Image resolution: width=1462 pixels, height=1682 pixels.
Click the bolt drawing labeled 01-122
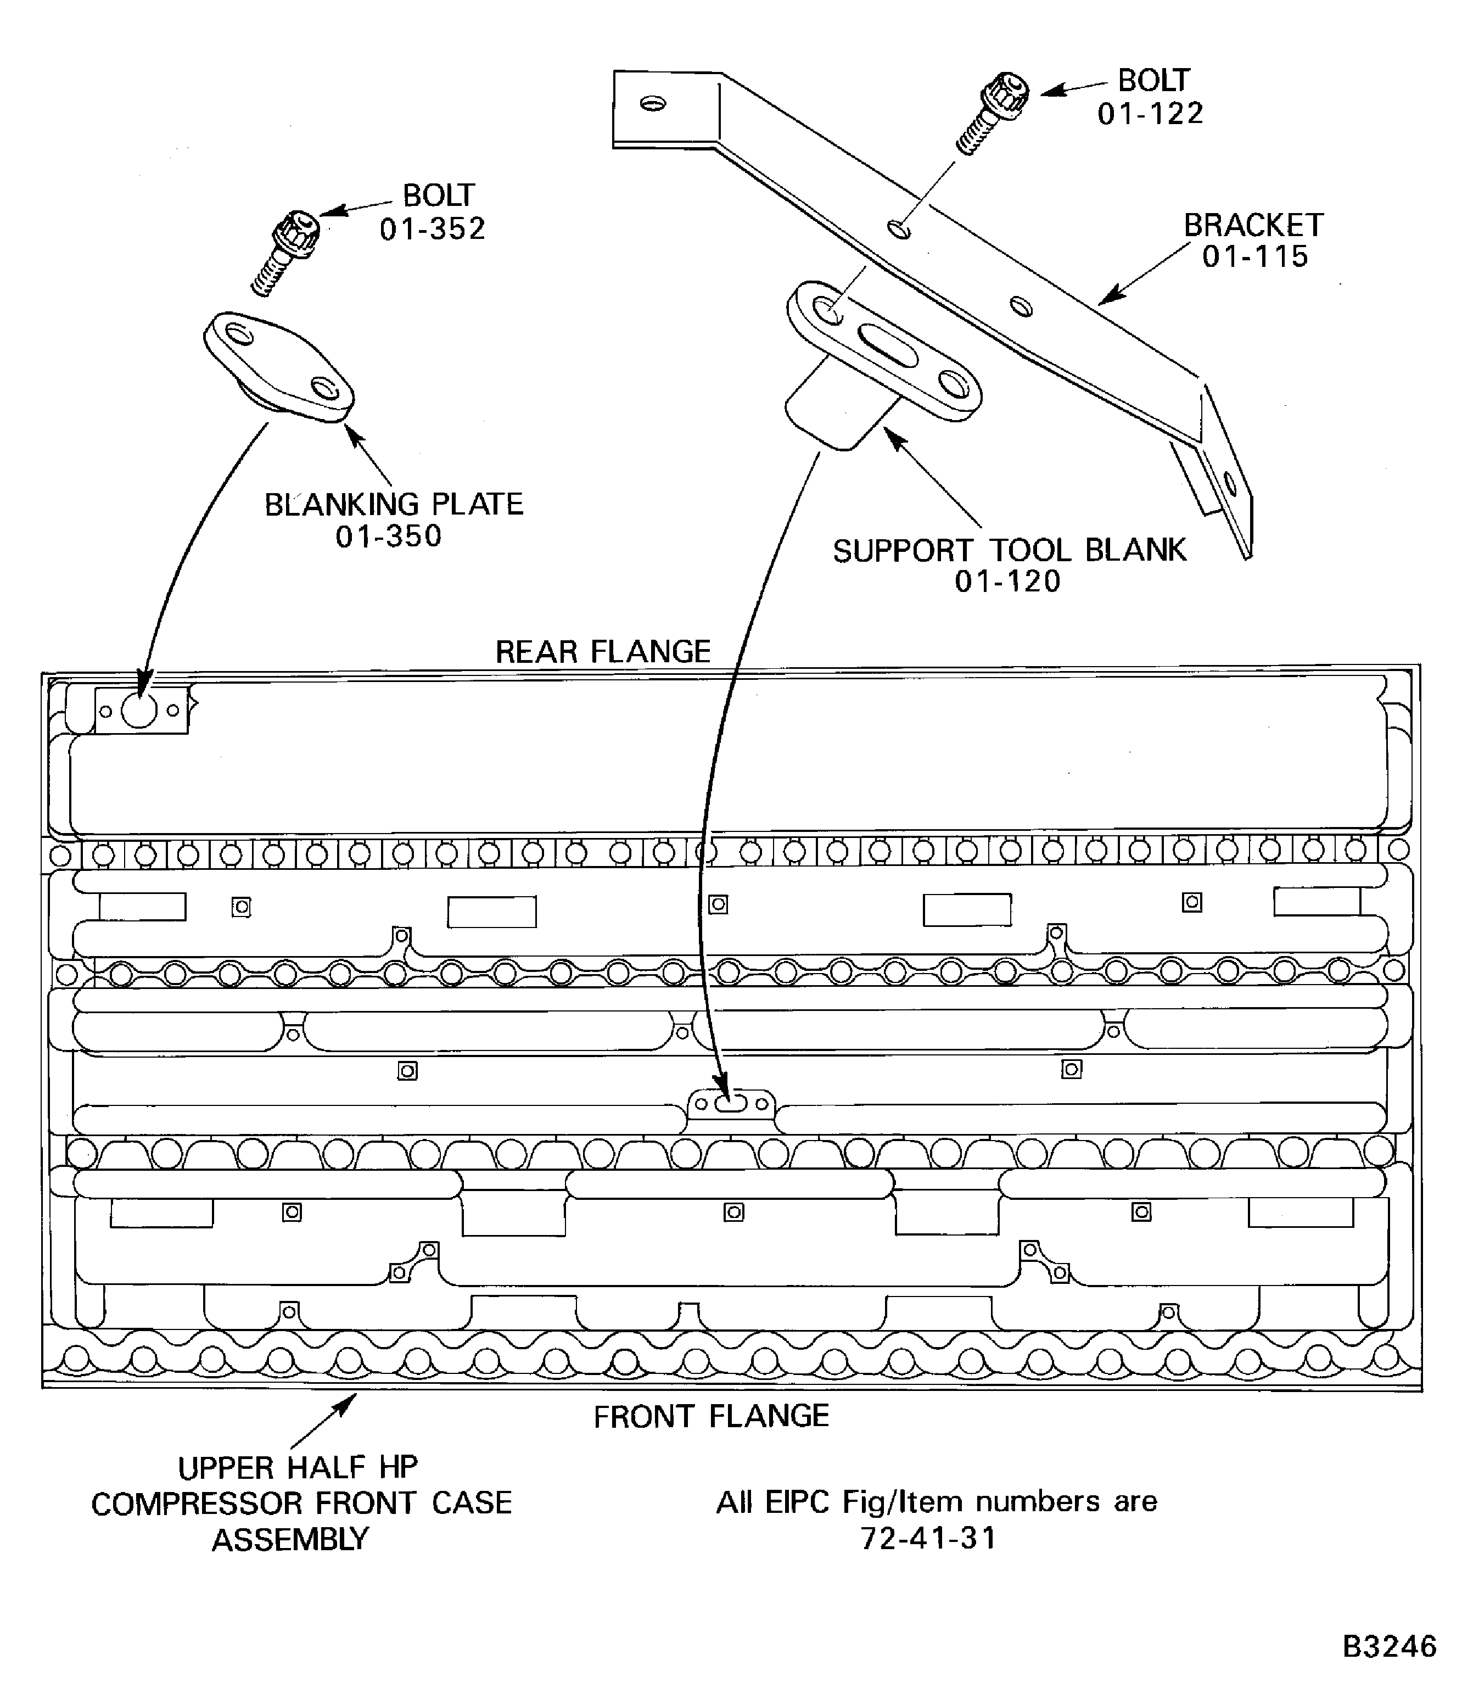[992, 113]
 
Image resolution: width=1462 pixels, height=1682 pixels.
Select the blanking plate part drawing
[278, 368]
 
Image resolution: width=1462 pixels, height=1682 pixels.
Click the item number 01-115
[1255, 257]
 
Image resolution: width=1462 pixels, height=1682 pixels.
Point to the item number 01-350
[388, 536]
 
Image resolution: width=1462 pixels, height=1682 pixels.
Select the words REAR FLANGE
[603, 651]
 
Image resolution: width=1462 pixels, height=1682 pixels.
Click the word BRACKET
[1253, 225]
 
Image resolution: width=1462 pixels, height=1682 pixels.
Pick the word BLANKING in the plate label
[342, 504]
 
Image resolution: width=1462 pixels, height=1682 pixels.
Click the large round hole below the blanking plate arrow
[139, 711]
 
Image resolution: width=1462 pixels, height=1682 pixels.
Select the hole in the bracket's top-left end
[653, 104]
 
